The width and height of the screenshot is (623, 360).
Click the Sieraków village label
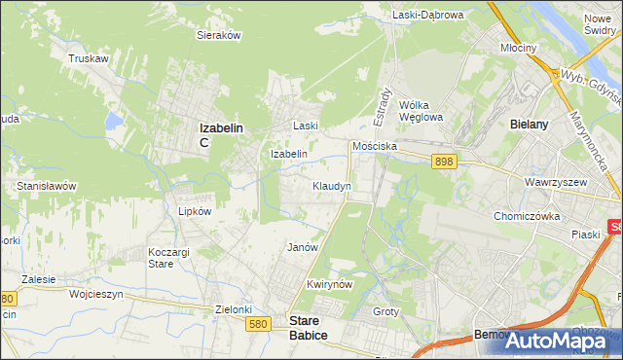[219, 34]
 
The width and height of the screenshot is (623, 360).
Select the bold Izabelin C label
[220, 134]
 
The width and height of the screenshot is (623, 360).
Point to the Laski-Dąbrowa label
[429, 15]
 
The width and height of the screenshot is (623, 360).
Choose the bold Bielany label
[531, 125]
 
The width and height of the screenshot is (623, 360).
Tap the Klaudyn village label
[331, 185]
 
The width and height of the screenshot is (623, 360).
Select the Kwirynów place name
[327, 284]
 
